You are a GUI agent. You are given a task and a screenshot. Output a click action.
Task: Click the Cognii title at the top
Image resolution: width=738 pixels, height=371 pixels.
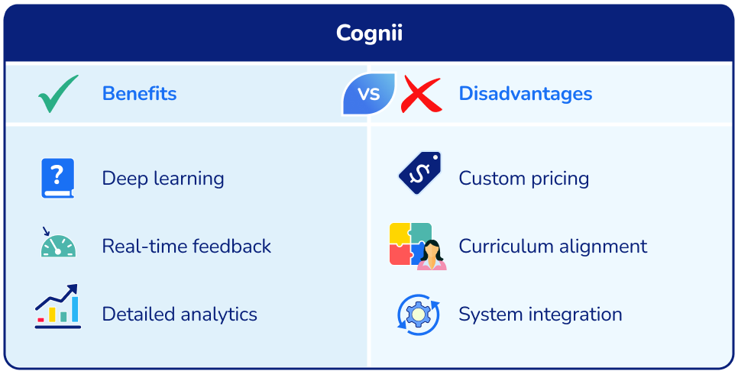click(x=369, y=34)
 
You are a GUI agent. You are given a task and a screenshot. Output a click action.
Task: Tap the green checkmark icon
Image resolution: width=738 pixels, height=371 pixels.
click(x=58, y=94)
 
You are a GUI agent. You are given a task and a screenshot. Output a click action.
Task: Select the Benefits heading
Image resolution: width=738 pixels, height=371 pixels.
click(x=139, y=94)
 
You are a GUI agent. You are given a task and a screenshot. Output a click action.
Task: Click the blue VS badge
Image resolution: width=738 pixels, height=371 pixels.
click(x=369, y=94)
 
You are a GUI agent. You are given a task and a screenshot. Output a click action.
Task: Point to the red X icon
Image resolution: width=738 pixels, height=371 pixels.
click(x=421, y=94)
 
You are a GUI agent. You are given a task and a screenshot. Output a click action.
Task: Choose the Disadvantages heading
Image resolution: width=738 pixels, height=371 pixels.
click(x=525, y=94)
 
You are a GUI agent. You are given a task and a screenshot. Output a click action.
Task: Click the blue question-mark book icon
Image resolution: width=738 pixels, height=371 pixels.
click(x=57, y=179)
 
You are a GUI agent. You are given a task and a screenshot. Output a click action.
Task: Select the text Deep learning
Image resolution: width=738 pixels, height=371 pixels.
click(x=163, y=179)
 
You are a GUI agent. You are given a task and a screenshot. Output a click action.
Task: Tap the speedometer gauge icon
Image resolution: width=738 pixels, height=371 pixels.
click(x=57, y=244)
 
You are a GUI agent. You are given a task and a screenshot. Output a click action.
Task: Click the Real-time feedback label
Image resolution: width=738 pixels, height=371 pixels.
click(x=186, y=247)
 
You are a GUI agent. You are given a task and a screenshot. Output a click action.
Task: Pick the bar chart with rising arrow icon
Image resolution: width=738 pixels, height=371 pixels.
click(x=57, y=307)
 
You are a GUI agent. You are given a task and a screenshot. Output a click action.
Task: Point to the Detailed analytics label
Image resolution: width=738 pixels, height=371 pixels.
click(x=180, y=314)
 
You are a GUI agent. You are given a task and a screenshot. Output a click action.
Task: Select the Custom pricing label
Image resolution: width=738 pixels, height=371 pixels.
click(x=523, y=179)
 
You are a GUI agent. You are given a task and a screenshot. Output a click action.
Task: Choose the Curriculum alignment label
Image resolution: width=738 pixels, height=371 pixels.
click(x=552, y=247)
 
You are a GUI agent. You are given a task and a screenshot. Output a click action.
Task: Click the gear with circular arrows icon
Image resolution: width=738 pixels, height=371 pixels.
click(x=419, y=314)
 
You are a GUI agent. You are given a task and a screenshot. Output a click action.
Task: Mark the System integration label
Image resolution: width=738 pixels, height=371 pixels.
click(x=540, y=314)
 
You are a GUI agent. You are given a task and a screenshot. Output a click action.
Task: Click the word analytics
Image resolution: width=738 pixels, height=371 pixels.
click(x=219, y=314)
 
